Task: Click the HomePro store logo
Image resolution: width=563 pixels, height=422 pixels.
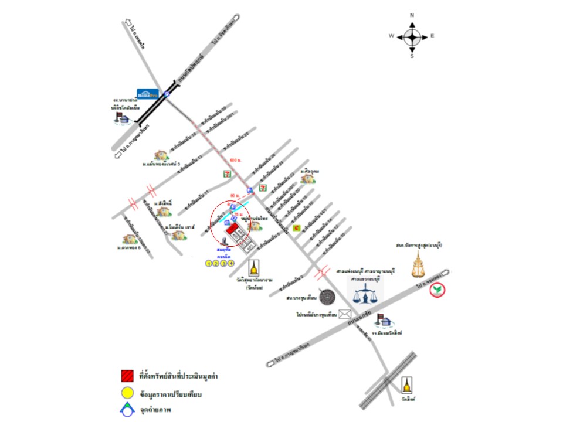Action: pyautogui.click(x=147, y=94)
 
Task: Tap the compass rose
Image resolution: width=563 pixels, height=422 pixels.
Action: pyautogui.click(x=412, y=36)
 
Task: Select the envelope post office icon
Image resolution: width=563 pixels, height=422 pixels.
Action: pyautogui.click(x=344, y=314)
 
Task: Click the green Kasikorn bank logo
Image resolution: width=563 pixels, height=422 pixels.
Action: pyautogui.click(x=436, y=290)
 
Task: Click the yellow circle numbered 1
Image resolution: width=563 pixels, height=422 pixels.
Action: pyautogui.click(x=209, y=264)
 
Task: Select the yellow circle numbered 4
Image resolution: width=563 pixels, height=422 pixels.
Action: pyautogui.click(x=232, y=264)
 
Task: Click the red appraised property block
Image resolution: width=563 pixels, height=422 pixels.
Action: pyautogui.click(x=230, y=230)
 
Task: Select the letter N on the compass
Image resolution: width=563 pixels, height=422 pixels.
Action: pyautogui.click(x=412, y=15)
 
